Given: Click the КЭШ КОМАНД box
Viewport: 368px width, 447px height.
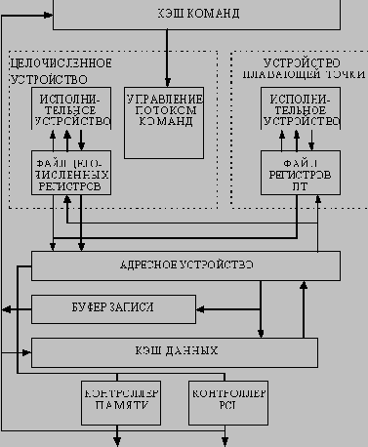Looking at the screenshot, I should (195, 15).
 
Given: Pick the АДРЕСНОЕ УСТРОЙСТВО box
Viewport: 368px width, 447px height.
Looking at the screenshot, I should (185, 265).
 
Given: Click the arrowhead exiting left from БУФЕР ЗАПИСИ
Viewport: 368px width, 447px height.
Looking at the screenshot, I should (8, 309).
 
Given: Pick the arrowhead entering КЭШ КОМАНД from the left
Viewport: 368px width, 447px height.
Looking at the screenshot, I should (46, 15).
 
